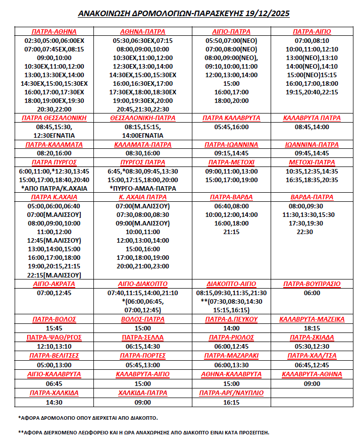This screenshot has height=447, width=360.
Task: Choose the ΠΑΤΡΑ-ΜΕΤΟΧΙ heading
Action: [x=232, y=162]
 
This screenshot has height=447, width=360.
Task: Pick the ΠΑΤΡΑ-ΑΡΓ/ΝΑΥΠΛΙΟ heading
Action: [x=232, y=393]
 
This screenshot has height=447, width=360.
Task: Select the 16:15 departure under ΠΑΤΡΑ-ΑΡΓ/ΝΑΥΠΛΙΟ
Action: [x=232, y=402]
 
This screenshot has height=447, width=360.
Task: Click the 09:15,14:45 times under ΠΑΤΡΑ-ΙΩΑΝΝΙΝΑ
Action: [x=232, y=153]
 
